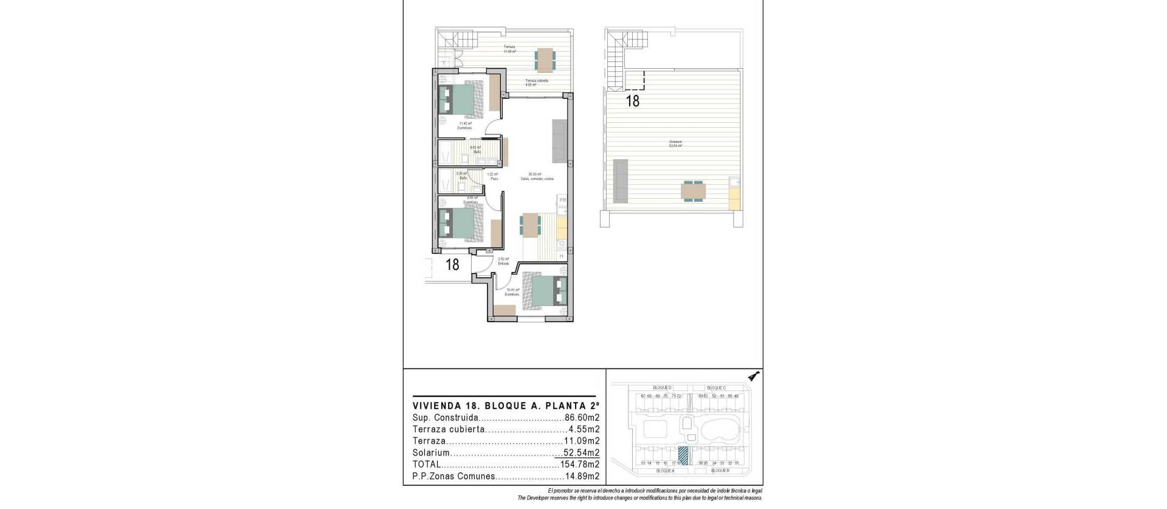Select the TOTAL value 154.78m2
(x=580, y=465)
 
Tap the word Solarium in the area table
(x=431, y=453)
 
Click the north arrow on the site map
(x=754, y=376)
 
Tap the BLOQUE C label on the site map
(x=716, y=387)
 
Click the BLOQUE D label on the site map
(x=661, y=387)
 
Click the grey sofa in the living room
(x=559, y=140)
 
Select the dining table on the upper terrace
(x=545, y=59)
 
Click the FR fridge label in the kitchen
(x=563, y=200)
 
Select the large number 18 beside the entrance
(x=452, y=265)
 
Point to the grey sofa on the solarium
(x=620, y=181)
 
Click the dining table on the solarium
(x=694, y=191)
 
